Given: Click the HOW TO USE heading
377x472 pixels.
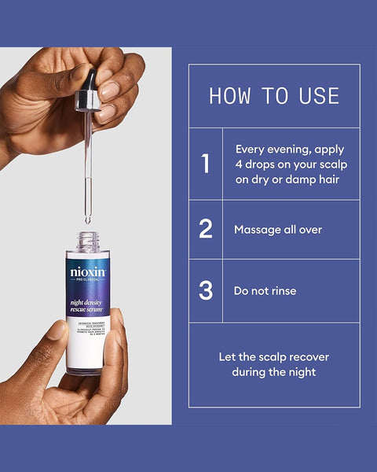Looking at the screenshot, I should click(274, 96).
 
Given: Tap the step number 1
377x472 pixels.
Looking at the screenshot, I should click(206, 164).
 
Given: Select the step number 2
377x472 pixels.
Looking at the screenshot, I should click(206, 229).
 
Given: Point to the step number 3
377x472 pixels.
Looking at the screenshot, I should click(206, 290).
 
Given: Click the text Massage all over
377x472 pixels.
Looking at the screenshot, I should click(278, 230).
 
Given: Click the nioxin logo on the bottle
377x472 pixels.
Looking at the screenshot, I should click(88, 274).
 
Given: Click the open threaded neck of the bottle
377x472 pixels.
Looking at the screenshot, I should click(88, 241).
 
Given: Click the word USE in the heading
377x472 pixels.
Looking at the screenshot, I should click(319, 96).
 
